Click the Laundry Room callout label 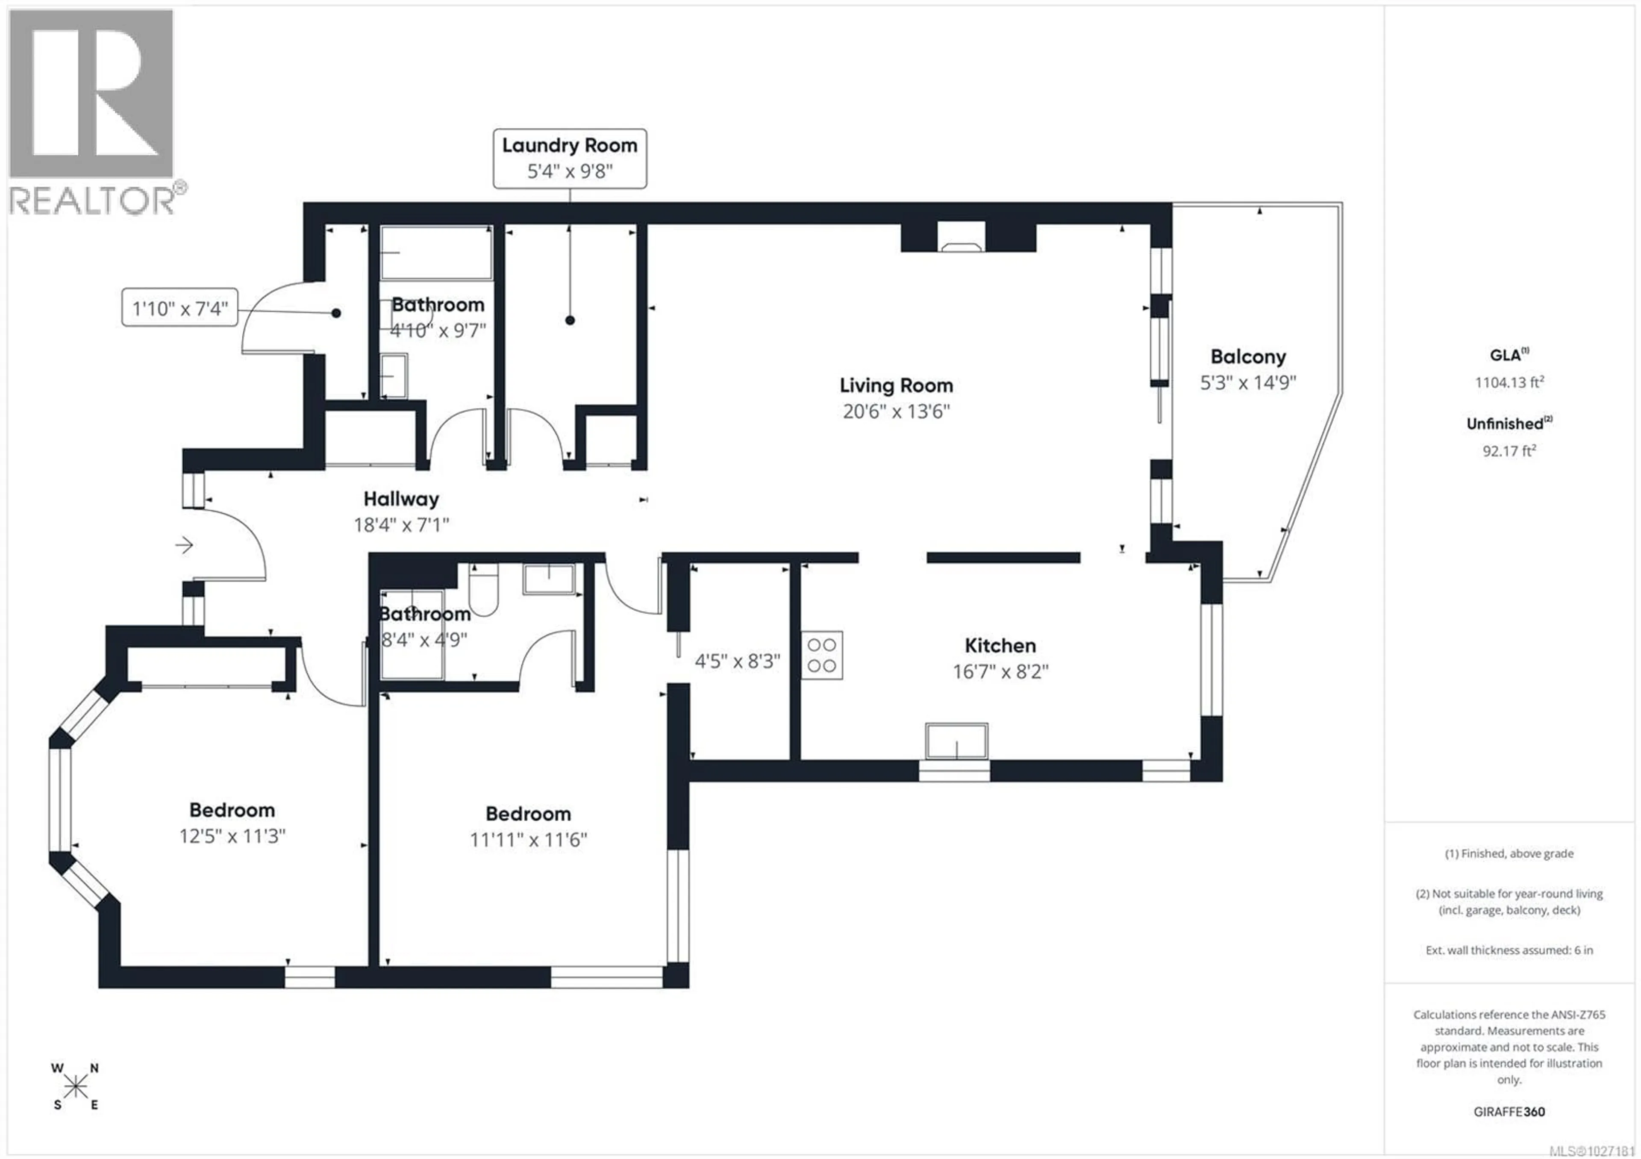tap(570, 159)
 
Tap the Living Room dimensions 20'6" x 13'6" tap(896, 412)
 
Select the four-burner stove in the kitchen tap(821, 655)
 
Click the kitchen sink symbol tap(956, 741)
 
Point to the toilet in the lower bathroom tap(483, 590)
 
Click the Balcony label tap(1248, 356)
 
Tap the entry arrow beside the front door tap(184, 546)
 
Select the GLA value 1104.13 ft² tap(1509, 382)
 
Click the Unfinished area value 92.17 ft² tap(1509, 451)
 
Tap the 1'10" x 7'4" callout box tap(179, 309)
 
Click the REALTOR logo tap(93, 111)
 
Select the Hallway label tap(401, 499)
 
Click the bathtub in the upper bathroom tap(436, 253)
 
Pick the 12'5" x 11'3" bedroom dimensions tap(232, 836)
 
